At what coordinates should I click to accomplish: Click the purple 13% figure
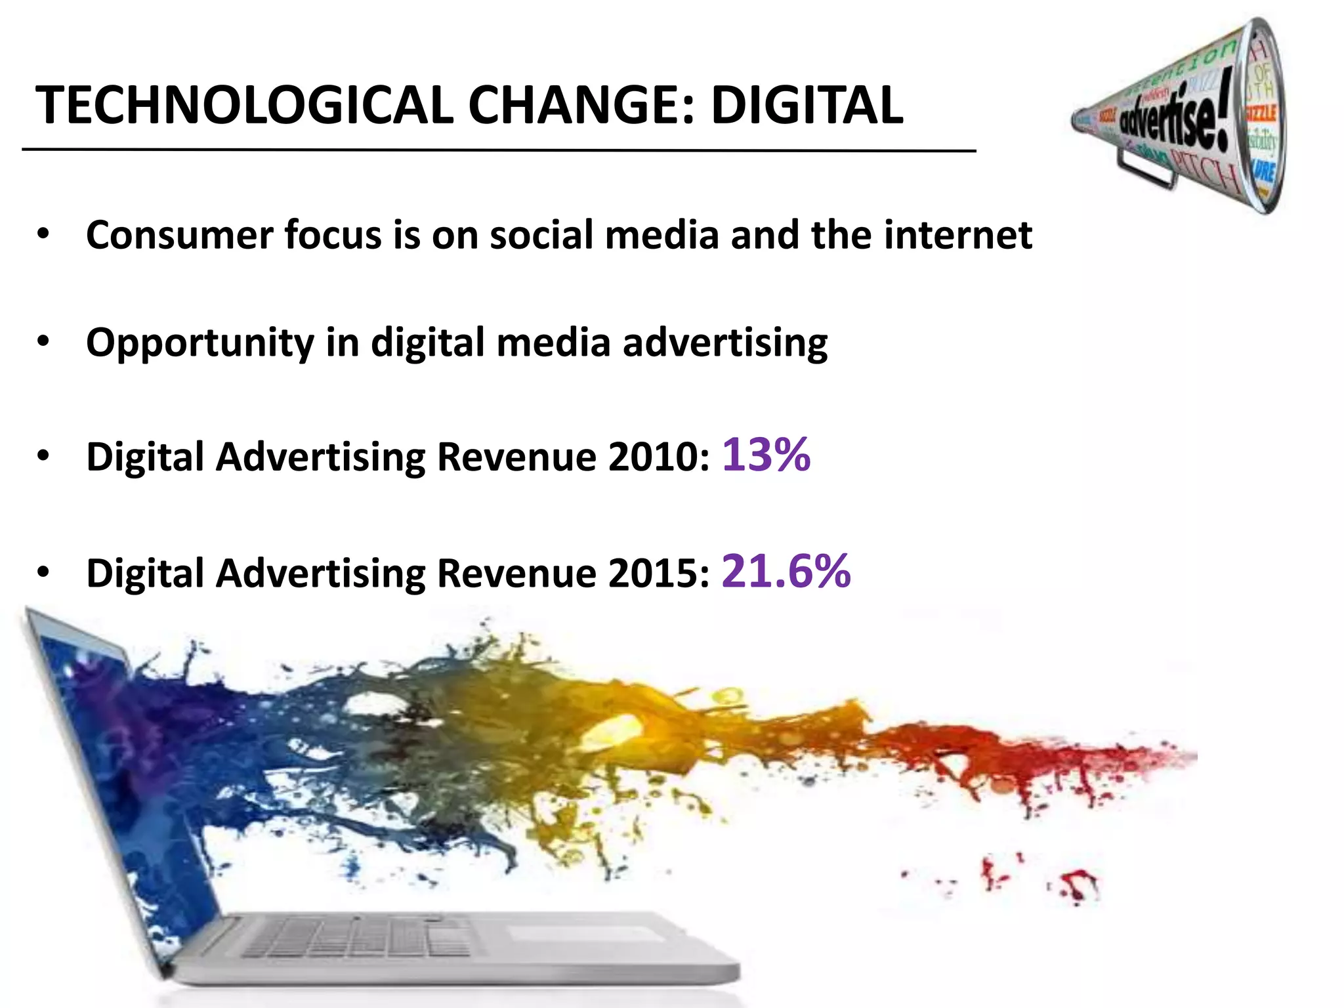click(x=766, y=454)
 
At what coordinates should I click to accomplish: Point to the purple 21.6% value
click(x=786, y=570)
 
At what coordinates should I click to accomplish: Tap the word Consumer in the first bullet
click(x=179, y=235)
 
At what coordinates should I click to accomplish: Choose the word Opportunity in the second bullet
click(x=200, y=344)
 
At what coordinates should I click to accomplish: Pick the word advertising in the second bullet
click(x=725, y=344)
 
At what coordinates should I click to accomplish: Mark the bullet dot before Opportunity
click(x=43, y=342)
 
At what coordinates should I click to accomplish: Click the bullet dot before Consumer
click(x=43, y=234)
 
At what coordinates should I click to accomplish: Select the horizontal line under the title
click(x=499, y=151)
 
